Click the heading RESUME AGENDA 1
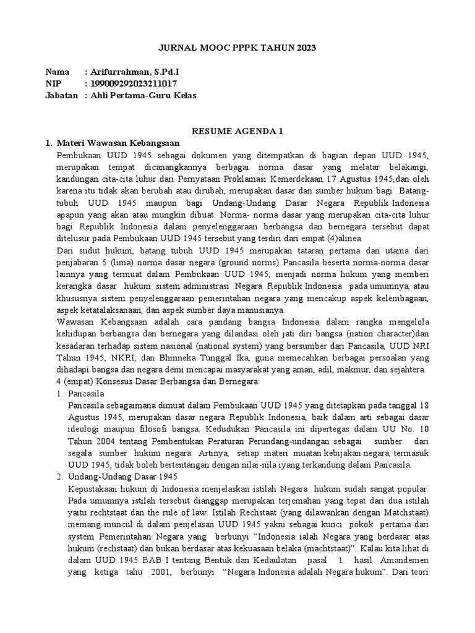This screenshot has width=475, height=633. point(237,131)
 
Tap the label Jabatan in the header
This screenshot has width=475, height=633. point(62,95)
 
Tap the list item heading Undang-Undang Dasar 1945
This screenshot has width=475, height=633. point(123,477)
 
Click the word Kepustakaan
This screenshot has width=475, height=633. point(95,488)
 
